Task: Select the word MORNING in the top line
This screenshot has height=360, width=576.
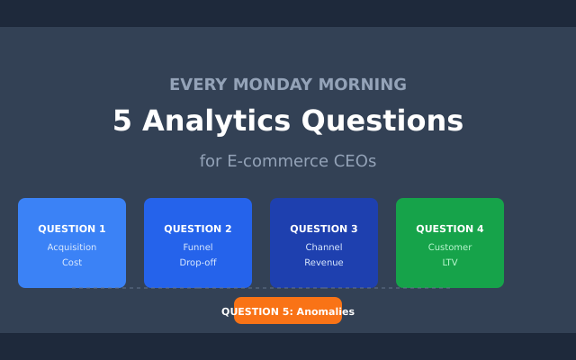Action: (x=367, y=85)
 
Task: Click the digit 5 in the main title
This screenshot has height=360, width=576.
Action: (x=122, y=121)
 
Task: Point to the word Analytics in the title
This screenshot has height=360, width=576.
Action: (x=216, y=121)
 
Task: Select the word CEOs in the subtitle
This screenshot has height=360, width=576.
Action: (x=355, y=161)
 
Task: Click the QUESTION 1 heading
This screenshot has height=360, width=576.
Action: (x=72, y=229)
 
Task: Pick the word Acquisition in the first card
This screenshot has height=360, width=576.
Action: (x=72, y=247)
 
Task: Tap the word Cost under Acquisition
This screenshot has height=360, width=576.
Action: (x=72, y=263)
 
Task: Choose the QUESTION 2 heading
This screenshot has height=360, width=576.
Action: (x=198, y=229)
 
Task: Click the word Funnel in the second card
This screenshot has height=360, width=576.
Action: (x=198, y=247)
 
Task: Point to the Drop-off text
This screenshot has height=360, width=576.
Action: (x=198, y=263)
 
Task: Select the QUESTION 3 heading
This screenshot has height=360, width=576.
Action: (x=324, y=229)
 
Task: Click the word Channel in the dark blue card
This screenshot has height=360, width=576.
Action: (x=324, y=247)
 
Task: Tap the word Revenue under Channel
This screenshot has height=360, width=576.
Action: (x=324, y=263)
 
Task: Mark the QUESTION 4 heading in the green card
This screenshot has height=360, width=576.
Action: (x=450, y=229)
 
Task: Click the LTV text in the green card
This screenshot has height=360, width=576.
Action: (x=450, y=263)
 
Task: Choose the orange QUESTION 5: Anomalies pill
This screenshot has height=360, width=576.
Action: (x=288, y=311)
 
